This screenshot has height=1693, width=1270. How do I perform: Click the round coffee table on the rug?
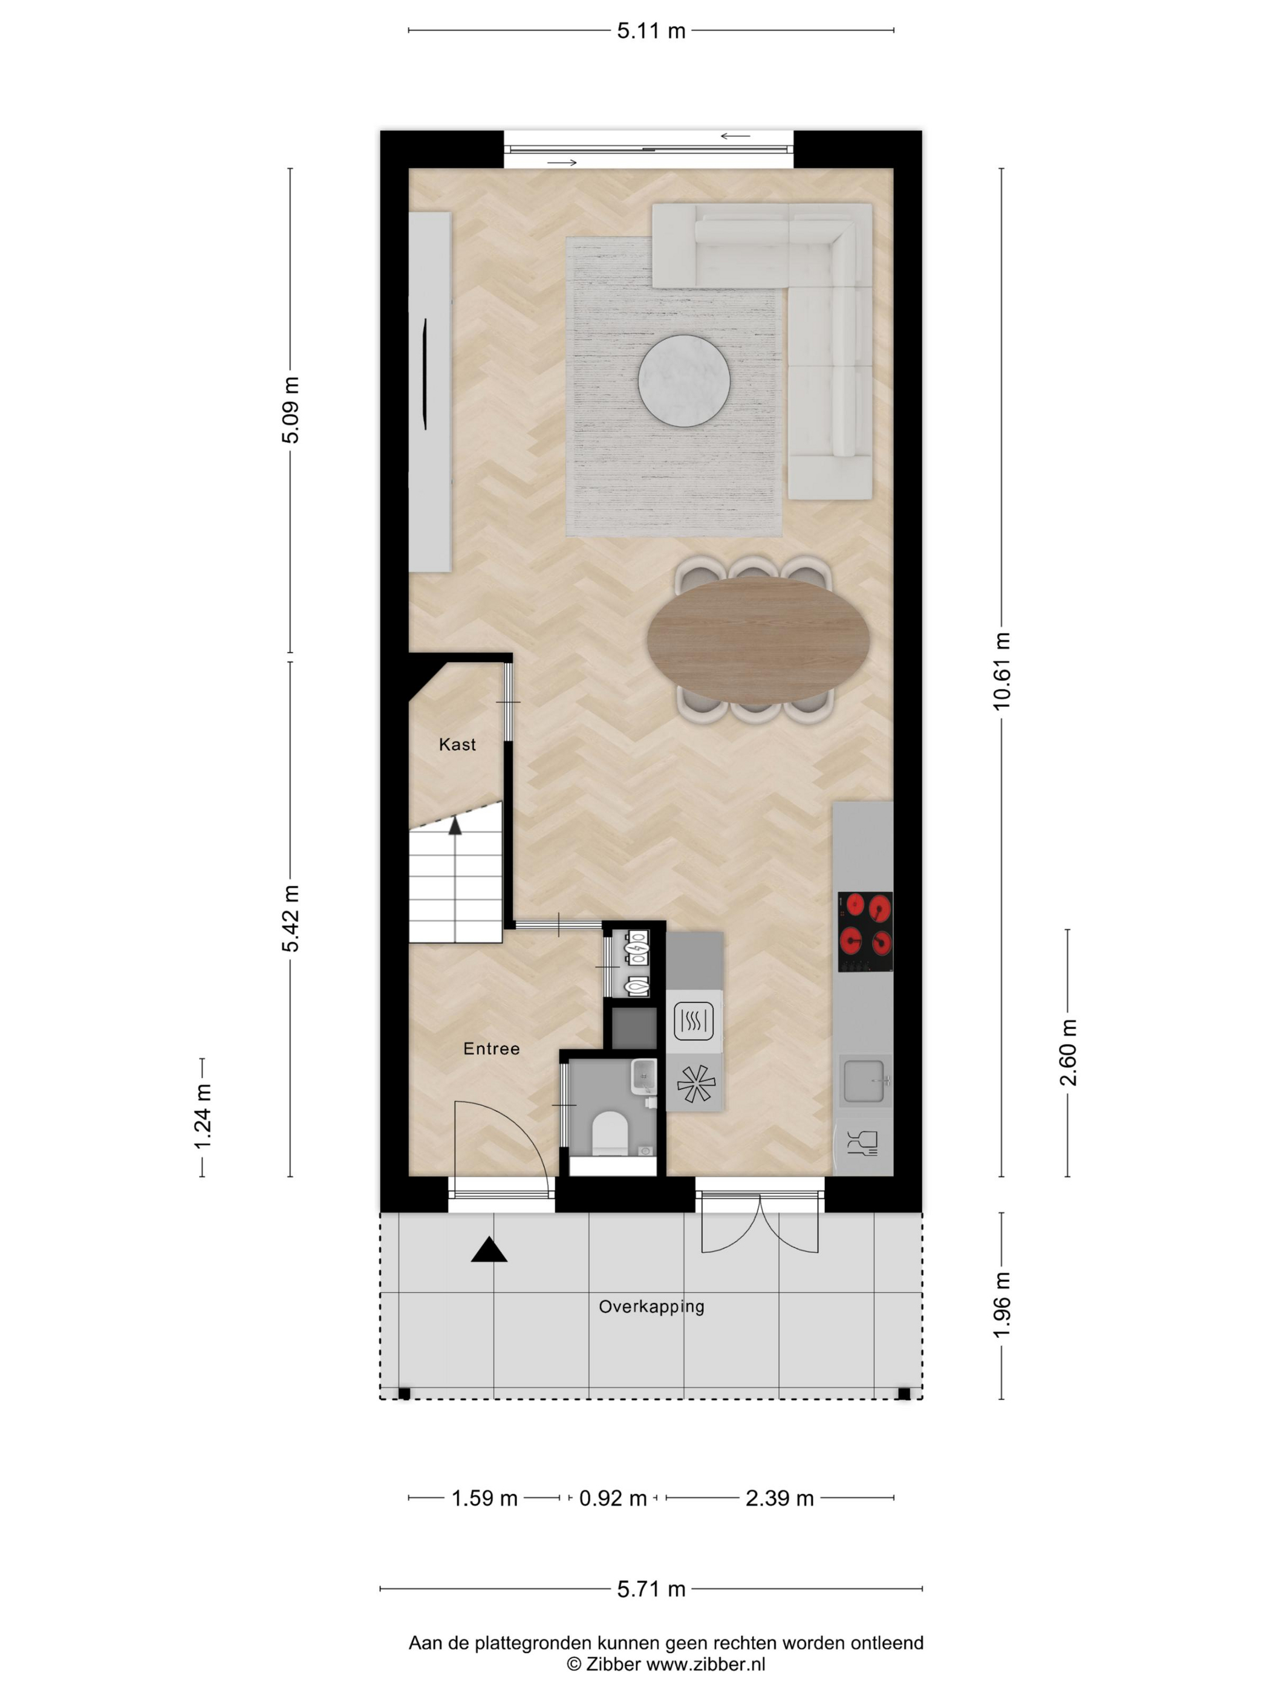pyautogui.click(x=683, y=380)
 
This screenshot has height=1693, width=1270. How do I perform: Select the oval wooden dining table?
pyautogui.click(x=758, y=642)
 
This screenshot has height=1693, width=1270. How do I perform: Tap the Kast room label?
pyautogui.click(x=457, y=744)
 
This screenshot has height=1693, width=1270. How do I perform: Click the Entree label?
pyautogui.click(x=492, y=1048)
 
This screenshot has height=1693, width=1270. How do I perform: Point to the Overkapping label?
pyautogui.click(x=651, y=1307)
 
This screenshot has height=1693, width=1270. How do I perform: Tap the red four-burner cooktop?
pyautogui.click(x=865, y=932)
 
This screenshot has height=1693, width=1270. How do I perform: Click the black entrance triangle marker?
pyautogui.click(x=489, y=1250)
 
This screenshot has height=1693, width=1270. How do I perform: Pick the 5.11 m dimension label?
pyautogui.click(x=651, y=31)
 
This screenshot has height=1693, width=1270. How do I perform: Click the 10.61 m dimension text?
pyautogui.click(x=1001, y=671)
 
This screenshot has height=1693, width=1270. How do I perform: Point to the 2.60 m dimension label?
pyautogui.click(x=1068, y=1053)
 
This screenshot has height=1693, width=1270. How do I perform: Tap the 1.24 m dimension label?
pyautogui.click(x=202, y=1117)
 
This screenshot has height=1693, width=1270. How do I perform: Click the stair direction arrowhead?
pyautogui.click(x=455, y=825)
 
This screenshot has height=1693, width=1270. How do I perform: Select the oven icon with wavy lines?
pyautogui.click(x=694, y=1020)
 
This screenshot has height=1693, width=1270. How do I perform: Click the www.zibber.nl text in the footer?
pyautogui.click(x=706, y=1664)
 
